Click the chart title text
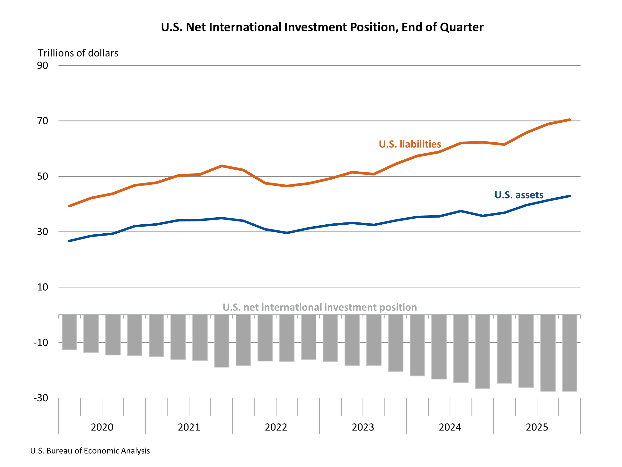coord(322,27)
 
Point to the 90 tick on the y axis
coord(43,66)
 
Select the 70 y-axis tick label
coord(43,121)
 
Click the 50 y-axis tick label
coord(43,176)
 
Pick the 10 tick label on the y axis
coord(43,287)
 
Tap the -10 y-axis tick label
coord(41,343)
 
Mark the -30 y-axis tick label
coord(41,398)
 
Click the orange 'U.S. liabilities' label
coord(410,144)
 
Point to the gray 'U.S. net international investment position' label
coord(320,307)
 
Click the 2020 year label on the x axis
coord(102,427)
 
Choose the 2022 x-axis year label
coord(276,427)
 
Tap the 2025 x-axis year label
coord(537,427)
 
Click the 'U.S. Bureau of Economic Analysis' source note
coord(90,451)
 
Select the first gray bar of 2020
coord(70,332)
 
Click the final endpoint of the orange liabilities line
coord(569,120)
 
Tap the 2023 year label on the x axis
coord(363,427)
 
